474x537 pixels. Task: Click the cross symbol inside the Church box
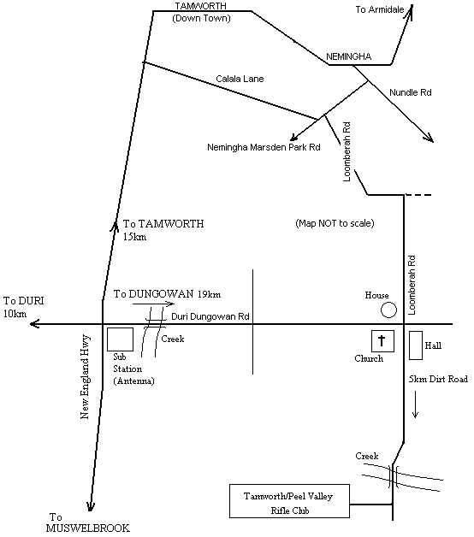click(382, 340)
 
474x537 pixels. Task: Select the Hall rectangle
click(416, 345)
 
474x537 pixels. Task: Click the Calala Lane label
click(240, 79)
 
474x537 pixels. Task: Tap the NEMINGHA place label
click(348, 56)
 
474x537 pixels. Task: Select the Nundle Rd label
click(410, 92)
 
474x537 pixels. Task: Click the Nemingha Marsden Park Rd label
click(264, 147)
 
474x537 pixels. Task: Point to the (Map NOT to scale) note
click(335, 223)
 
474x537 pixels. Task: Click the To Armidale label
click(380, 9)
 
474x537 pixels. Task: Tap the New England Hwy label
click(85, 376)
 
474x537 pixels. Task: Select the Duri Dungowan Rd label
click(210, 316)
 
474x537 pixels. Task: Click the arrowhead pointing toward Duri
click(33, 323)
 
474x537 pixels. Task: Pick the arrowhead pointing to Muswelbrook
click(90, 506)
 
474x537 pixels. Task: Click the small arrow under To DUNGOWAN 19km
click(153, 304)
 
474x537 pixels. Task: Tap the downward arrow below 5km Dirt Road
click(415, 404)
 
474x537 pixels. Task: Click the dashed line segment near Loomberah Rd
click(418, 195)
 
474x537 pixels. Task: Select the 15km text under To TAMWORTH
click(134, 237)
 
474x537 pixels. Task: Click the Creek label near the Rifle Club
click(367, 456)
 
